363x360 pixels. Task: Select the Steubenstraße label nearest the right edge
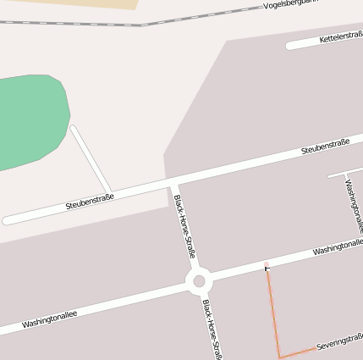(326, 147)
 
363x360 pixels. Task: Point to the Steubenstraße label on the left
(90, 202)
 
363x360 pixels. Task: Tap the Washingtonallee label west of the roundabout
(49, 318)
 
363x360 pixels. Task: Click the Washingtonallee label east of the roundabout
(337, 247)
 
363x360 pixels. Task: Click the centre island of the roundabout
(200, 281)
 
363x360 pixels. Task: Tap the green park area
(30, 119)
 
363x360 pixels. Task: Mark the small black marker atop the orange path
(267, 268)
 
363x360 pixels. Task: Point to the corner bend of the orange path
(279, 357)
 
